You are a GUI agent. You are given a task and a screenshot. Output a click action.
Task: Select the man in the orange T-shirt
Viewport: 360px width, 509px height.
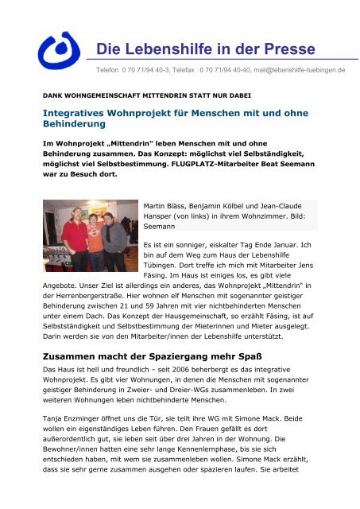[x=94, y=239]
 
